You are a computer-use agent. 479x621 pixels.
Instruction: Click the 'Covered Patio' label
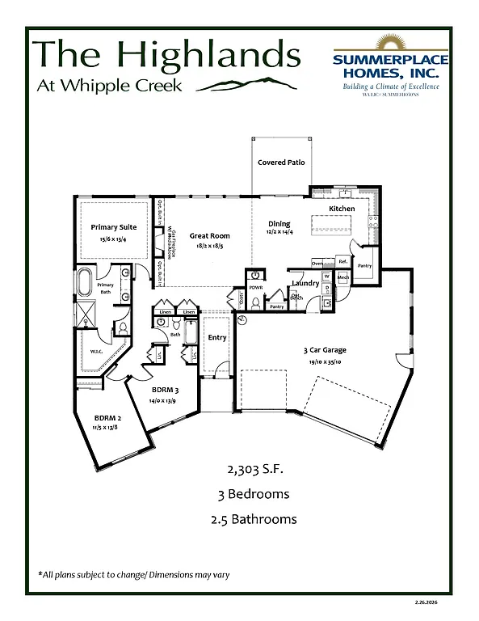(281, 163)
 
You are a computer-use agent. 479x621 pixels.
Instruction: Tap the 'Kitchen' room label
(342, 209)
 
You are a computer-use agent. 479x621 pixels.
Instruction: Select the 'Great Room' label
(205, 236)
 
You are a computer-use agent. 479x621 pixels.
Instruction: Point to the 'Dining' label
(279, 224)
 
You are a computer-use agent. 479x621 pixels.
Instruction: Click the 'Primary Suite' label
(113, 227)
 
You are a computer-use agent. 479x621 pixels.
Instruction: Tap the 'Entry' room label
(217, 338)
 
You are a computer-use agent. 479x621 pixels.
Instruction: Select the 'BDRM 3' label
(165, 390)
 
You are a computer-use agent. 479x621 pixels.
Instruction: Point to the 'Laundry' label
(305, 283)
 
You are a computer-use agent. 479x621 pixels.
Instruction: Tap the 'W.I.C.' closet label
(96, 352)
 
